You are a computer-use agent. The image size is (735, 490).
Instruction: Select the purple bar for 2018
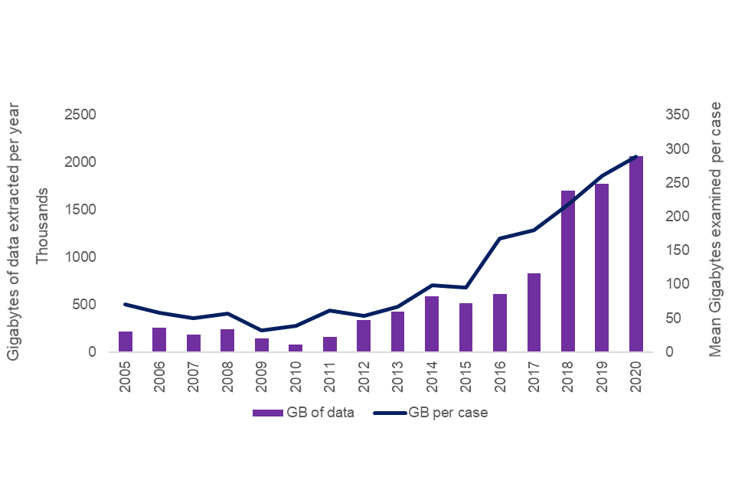567,272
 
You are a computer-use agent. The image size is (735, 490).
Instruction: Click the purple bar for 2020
635,254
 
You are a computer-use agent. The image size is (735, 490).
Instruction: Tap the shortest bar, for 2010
296,348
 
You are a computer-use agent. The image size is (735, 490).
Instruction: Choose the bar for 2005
126,341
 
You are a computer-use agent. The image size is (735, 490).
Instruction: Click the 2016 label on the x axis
500,374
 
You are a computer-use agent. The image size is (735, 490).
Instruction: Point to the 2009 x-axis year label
262,374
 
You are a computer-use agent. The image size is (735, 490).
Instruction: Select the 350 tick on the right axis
679,115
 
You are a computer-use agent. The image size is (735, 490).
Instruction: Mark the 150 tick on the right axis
679,250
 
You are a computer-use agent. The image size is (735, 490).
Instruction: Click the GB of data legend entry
304,413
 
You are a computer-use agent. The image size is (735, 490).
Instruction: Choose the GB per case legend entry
432,413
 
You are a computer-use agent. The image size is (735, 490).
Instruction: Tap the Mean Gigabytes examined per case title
716,230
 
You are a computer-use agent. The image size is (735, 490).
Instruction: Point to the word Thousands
43,227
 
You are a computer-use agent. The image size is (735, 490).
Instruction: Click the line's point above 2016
500,239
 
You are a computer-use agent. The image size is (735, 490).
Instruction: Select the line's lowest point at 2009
262,330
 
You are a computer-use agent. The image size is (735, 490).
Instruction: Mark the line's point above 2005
126,305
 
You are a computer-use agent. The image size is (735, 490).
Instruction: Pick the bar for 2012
364,336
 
